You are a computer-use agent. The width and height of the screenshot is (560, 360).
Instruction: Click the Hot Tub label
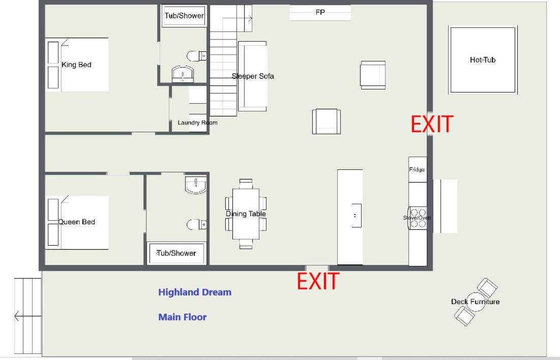(x=483, y=60)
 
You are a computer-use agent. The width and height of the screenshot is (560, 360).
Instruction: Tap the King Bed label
(x=76, y=65)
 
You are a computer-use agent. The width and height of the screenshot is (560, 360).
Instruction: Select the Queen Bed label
(x=76, y=222)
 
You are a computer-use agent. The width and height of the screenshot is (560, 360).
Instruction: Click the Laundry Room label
(x=197, y=123)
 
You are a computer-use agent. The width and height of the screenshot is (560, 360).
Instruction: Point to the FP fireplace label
(x=320, y=12)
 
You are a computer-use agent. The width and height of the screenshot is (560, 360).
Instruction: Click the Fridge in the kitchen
(x=417, y=170)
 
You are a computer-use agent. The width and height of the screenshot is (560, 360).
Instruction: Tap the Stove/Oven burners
(x=418, y=218)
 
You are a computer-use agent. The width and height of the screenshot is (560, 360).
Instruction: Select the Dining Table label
(x=246, y=214)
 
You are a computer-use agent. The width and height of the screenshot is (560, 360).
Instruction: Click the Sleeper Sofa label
(x=253, y=76)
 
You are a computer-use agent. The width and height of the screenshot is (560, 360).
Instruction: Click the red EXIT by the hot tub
(x=432, y=124)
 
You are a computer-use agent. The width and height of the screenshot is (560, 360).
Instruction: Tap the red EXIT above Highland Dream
(x=318, y=281)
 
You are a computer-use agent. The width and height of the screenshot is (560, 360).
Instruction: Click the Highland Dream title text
(x=195, y=292)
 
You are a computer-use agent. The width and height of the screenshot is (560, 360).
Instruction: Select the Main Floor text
(x=183, y=317)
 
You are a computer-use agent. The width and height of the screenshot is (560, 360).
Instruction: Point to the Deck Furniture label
(x=476, y=302)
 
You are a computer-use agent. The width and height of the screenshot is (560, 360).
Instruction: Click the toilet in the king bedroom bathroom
(x=196, y=56)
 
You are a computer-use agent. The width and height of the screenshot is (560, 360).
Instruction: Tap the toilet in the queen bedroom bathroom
(x=196, y=225)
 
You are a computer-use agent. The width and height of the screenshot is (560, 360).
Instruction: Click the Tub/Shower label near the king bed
(x=184, y=16)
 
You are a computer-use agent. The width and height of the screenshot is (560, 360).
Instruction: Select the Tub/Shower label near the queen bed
(x=176, y=253)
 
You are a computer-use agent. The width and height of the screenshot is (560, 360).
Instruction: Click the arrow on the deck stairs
(x=27, y=316)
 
